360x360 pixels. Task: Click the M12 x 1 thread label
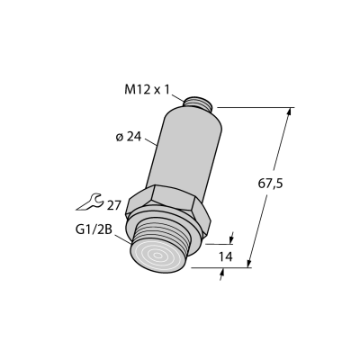click(x=147, y=89)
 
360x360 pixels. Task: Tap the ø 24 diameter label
click(x=129, y=137)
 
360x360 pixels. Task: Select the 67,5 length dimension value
click(x=270, y=184)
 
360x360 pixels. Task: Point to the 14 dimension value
click(x=225, y=256)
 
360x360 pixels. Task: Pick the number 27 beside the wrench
click(x=113, y=206)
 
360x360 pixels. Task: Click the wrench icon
click(x=90, y=202)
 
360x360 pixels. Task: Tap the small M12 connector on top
click(x=198, y=103)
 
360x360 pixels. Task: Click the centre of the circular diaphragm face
click(x=157, y=256)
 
